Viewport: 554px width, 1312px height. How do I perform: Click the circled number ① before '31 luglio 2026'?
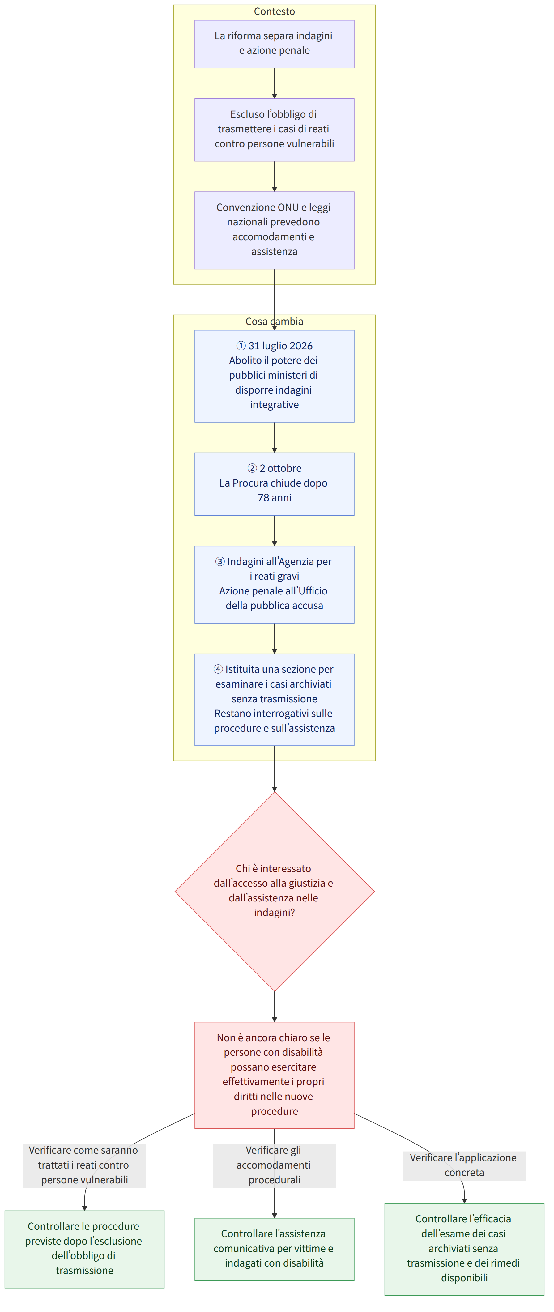[x=241, y=346]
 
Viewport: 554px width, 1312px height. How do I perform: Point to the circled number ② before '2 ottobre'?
[x=252, y=468]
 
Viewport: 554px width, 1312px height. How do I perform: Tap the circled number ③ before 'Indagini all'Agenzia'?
[x=220, y=561]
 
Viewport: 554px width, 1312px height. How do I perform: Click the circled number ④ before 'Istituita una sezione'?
[x=218, y=669]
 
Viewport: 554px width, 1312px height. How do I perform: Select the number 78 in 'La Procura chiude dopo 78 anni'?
[x=263, y=498]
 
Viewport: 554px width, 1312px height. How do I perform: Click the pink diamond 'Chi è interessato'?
[x=275, y=891]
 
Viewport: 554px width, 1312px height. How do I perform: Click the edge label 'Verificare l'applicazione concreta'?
[x=464, y=1165]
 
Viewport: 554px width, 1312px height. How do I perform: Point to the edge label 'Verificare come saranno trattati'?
[x=84, y=1165]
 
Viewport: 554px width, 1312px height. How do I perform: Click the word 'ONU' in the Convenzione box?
[x=288, y=207]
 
